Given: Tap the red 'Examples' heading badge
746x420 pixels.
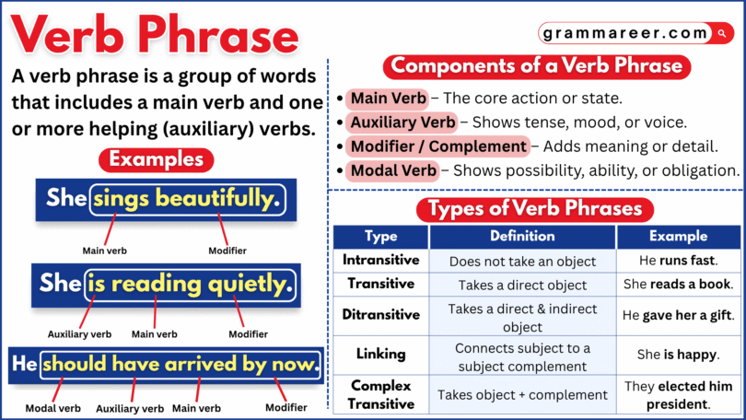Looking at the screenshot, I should [156, 159].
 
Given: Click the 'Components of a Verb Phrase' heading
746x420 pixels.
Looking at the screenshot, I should [537, 66].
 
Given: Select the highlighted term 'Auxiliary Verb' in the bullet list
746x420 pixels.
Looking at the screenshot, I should [402, 122].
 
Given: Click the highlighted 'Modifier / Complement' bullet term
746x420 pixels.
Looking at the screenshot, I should [438, 146].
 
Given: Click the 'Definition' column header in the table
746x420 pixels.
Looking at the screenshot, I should [522, 236].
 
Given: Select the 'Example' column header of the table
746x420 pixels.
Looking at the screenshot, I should [678, 236].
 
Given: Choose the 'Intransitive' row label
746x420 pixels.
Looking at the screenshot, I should [380, 260].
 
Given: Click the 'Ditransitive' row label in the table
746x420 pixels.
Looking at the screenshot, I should [380, 314].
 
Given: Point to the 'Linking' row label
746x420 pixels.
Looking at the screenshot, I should [380, 354].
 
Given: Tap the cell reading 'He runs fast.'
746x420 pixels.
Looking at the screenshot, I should [678, 261].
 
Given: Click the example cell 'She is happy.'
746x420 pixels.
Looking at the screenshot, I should [678, 354].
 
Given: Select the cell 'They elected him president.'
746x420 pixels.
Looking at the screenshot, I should [678, 394].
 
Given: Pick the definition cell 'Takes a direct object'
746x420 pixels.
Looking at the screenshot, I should [522, 285].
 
